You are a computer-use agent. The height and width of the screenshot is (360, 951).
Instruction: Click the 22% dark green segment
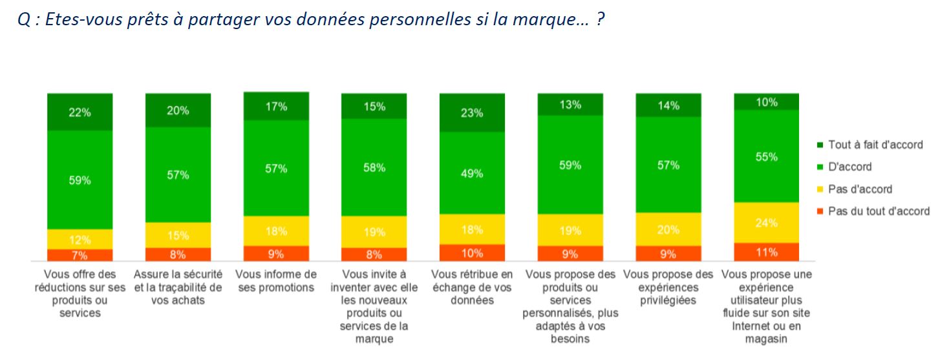(x=80, y=112)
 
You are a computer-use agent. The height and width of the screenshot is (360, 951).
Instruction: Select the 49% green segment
(x=472, y=173)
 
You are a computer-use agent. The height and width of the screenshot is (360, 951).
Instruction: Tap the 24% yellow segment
(x=766, y=222)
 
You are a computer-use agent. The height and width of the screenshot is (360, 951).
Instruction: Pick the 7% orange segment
(x=80, y=255)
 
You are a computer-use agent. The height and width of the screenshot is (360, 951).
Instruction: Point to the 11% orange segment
(x=766, y=251)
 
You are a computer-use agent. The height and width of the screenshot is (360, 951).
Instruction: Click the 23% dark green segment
(x=472, y=112)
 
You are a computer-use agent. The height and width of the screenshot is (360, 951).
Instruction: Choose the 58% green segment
(x=374, y=167)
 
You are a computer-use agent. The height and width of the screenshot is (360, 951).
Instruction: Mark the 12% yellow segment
(x=80, y=239)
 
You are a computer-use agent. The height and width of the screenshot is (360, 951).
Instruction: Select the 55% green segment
(x=766, y=156)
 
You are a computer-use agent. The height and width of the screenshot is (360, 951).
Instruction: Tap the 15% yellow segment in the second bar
(x=178, y=235)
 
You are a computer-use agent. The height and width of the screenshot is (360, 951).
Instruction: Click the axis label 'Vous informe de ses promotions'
(x=276, y=281)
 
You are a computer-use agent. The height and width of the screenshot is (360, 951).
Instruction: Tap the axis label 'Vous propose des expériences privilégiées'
(x=668, y=287)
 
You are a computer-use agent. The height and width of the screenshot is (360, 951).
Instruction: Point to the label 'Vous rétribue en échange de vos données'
(x=472, y=287)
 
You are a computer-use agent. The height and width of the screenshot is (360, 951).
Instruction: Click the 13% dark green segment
(x=570, y=105)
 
